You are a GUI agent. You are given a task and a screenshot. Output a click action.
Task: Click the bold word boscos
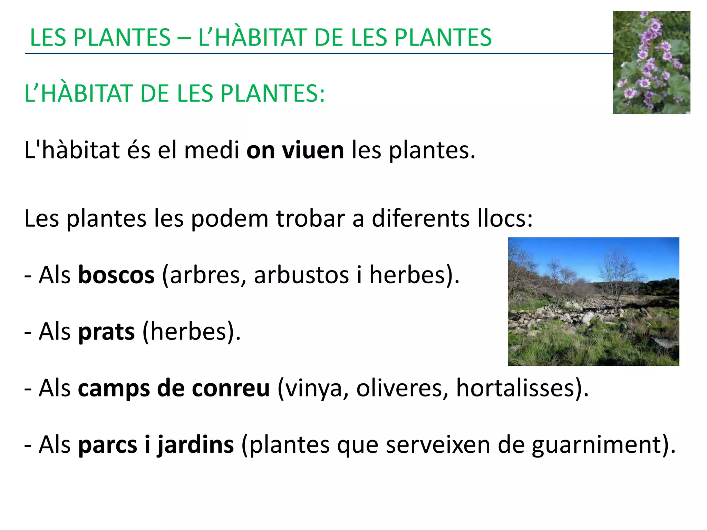[116, 275]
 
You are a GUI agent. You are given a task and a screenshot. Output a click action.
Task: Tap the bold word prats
[106, 332]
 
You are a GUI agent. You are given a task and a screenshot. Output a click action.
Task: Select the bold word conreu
[231, 388]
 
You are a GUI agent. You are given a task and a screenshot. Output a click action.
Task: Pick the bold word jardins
[196, 445]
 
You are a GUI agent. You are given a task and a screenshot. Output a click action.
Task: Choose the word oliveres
[402, 388]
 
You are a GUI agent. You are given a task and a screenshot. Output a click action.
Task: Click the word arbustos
[301, 275]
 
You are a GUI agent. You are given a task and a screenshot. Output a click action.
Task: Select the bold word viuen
[313, 150]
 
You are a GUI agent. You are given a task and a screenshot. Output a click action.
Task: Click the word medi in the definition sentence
[212, 150]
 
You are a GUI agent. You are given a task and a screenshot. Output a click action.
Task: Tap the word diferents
[420, 218]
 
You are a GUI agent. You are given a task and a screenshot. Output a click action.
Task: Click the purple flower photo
[651, 62]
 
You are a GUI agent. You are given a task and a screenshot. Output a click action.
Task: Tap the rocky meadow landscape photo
[593, 301]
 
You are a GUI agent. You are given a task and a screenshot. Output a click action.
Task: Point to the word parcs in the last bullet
[108, 445]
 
